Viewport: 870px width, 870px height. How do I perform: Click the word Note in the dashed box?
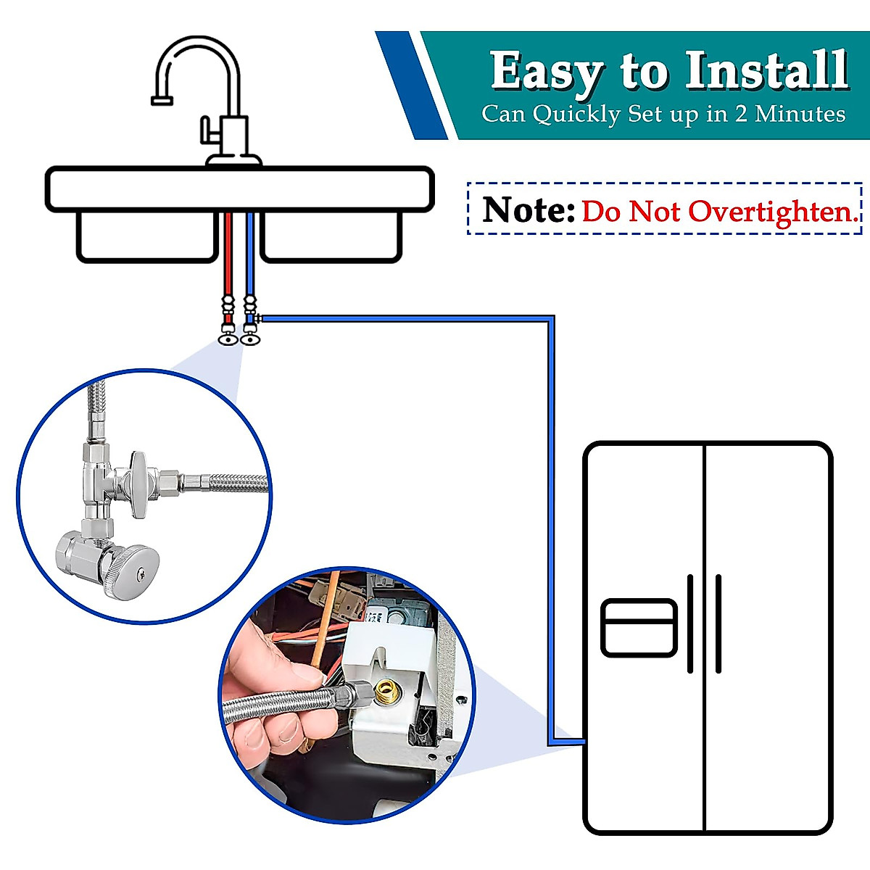pyautogui.click(x=528, y=210)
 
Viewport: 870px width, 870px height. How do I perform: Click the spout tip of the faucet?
pyautogui.click(x=161, y=101)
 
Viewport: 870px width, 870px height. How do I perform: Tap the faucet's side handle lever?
pyautogui.click(x=210, y=134)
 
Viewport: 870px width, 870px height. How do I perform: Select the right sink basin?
pyautogui.click(x=331, y=236)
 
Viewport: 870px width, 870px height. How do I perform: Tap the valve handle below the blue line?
pyautogui.click(x=250, y=338)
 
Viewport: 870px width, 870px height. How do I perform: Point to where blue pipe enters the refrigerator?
pyautogui.click(x=582, y=742)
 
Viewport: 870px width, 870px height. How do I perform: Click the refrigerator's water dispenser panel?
pyautogui.click(x=639, y=628)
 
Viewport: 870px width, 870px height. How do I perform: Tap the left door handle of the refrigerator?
pyautogui.click(x=690, y=623)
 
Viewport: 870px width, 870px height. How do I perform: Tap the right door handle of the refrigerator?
pyautogui.click(x=718, y=623)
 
